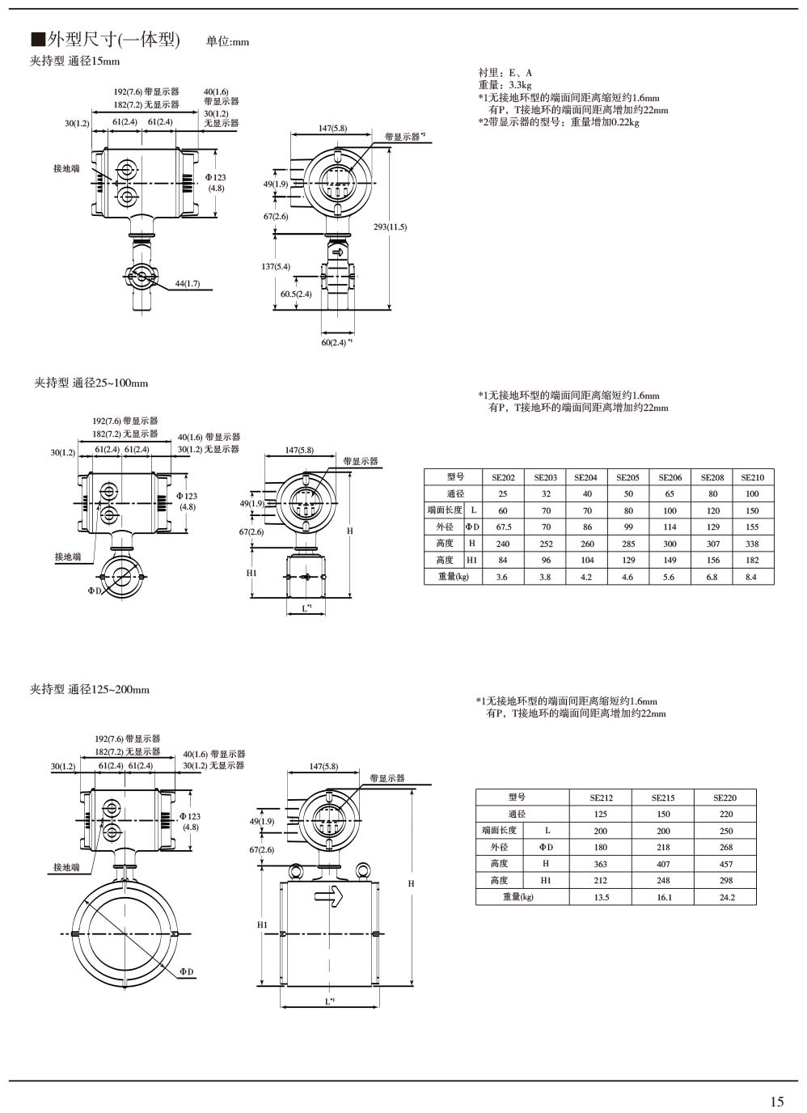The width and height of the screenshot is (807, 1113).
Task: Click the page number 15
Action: coord(776,1101)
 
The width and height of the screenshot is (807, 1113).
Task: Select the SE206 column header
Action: coord(670,477)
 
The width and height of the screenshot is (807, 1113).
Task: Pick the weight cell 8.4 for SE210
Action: coord(751,577)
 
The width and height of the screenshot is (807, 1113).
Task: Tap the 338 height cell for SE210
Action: coord(752,544)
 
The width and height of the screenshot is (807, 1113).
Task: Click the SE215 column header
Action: coord(663,798)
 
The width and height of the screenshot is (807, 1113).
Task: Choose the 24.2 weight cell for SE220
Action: coord(726,897)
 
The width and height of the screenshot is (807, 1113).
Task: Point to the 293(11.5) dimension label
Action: coord(390,227)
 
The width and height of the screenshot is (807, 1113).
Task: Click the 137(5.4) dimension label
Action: coord(276,267)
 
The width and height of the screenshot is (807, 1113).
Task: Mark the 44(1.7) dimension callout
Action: coord(187,284)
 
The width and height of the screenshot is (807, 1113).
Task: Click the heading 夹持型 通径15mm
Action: coord(74,61)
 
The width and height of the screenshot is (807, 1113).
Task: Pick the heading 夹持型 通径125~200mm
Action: coord(90,690)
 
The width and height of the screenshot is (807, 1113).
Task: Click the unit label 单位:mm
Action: coord(227,42)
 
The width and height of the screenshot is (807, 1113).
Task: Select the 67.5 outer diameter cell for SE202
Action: coord(503,527)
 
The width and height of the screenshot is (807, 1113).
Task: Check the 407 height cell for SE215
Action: coord(663,864)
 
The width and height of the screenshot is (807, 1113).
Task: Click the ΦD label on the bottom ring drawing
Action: coord(186,971)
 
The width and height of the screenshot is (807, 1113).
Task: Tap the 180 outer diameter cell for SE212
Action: coord(600,847)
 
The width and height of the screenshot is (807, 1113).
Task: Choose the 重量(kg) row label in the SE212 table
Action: coord(518,897)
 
